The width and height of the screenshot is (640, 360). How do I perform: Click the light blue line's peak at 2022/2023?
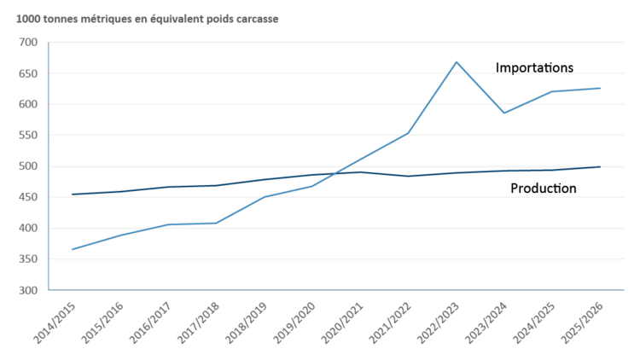pos(457,61)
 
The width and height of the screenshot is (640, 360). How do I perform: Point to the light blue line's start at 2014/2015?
pos(73,249)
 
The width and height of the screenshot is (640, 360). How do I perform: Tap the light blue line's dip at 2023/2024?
pos(504,113)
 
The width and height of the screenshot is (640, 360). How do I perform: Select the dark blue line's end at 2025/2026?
pos(601,166)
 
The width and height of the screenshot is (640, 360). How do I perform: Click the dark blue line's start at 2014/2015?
pos(73,195)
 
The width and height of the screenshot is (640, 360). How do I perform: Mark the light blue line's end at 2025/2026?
pos(601,88)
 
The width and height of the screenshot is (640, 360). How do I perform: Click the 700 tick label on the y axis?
pos(28,42)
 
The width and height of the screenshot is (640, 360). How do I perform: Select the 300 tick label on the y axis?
pos(28,290)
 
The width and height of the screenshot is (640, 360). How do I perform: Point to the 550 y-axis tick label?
pos(28,135)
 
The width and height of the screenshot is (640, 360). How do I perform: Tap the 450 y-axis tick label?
pos(28,197)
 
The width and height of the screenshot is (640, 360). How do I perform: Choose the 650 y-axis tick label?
pos(28,73)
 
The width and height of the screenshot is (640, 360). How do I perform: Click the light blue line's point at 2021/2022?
pos(409,133)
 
